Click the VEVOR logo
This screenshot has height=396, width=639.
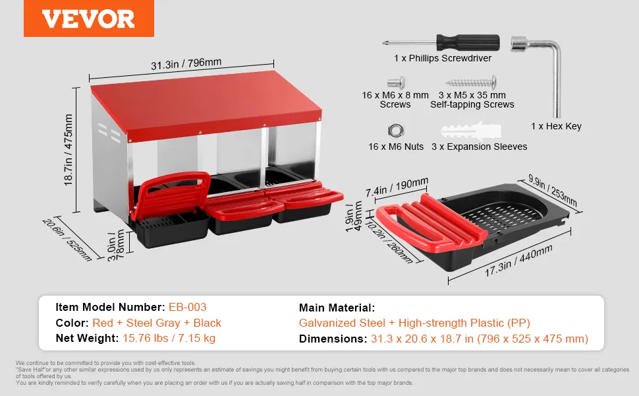pos(88,18)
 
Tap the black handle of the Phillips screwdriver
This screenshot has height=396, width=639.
pos(468,42)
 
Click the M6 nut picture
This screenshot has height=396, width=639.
pos(396,131)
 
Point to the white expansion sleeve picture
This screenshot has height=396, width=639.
pos(471,131)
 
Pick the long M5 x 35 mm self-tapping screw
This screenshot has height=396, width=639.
pos(471,82)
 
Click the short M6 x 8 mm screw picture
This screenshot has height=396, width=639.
pos(396,83)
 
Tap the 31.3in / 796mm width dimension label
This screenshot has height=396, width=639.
pos(186,63)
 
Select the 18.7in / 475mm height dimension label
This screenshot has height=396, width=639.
pos(68,150)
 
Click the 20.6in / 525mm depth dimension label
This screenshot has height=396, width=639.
pos(67,240)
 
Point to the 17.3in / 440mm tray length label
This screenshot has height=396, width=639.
pos(518,261)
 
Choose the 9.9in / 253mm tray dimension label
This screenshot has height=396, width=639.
pos(553,190)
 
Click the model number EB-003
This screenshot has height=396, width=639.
pos(188,307)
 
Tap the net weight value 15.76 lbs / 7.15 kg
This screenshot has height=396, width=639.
pos(169,338)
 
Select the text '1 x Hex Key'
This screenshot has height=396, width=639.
pos(556,126)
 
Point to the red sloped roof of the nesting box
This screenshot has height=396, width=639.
pos(206,105)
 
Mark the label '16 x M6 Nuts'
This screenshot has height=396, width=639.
pos(396,147)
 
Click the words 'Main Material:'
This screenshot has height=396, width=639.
pos(337,308)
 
